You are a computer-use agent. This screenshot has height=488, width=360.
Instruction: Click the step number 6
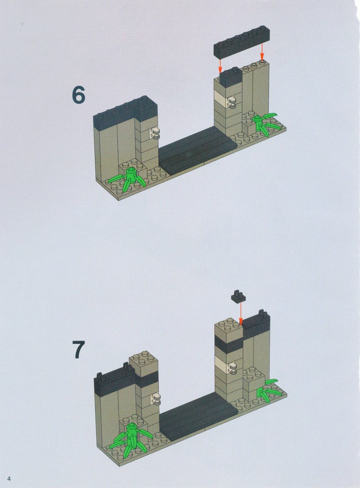pos(78,95)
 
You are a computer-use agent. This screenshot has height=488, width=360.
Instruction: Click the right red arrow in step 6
pos(262,51)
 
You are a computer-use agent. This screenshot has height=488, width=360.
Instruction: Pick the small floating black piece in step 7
pos(238,296)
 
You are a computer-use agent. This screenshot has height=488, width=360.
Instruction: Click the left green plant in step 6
pos(128,179)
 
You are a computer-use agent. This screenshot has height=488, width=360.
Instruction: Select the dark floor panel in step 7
pos(198,415)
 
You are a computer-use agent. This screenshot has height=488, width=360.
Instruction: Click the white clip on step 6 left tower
pos(155,133)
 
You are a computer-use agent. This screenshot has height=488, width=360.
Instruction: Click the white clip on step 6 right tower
pos(232,103)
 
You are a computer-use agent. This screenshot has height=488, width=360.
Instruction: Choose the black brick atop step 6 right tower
pos(231,77)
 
